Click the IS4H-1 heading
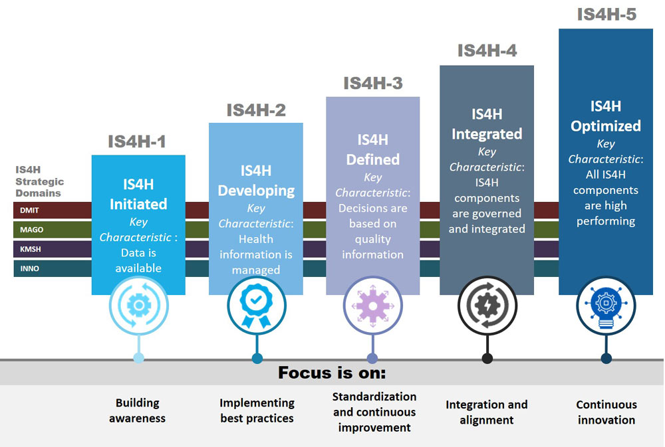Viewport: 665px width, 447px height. [137, 141]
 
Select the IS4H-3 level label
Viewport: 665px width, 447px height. [372, 84]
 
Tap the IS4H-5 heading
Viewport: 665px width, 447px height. [606, 15]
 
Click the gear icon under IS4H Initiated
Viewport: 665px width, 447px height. [139, 306]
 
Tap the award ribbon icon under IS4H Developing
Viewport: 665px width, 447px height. [256, 306]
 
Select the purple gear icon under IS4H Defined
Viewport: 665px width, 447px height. [372, 306]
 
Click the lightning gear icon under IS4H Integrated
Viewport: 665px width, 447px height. [487, 306]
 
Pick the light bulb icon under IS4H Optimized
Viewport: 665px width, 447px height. [606, 306]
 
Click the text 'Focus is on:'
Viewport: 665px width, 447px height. [332, 373]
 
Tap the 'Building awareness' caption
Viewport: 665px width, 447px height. [138, 410]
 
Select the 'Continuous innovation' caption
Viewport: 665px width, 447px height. [606, 412]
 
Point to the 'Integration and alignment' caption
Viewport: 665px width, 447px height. [487, 412]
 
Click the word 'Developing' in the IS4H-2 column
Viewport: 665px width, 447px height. [256, 191]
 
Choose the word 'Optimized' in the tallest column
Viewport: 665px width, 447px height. [606, 126]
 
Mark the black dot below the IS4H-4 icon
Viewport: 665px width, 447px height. [487, 359]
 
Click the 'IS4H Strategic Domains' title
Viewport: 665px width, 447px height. [40, 181]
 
